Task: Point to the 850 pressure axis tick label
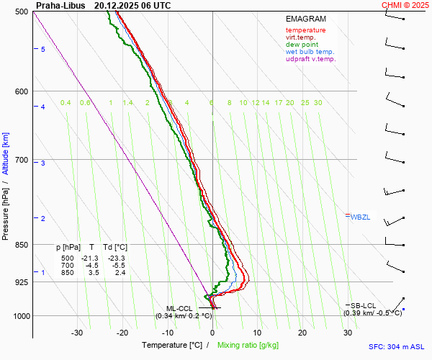coord(22,245)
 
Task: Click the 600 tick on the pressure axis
coord(22,91)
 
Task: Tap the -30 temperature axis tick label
coord(77,333)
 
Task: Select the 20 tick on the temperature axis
coord(302,333)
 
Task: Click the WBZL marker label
coord(359,217)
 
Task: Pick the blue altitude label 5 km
coord(43,49)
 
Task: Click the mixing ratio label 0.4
coord(66,103)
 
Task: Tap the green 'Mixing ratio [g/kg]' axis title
coord(249,346)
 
